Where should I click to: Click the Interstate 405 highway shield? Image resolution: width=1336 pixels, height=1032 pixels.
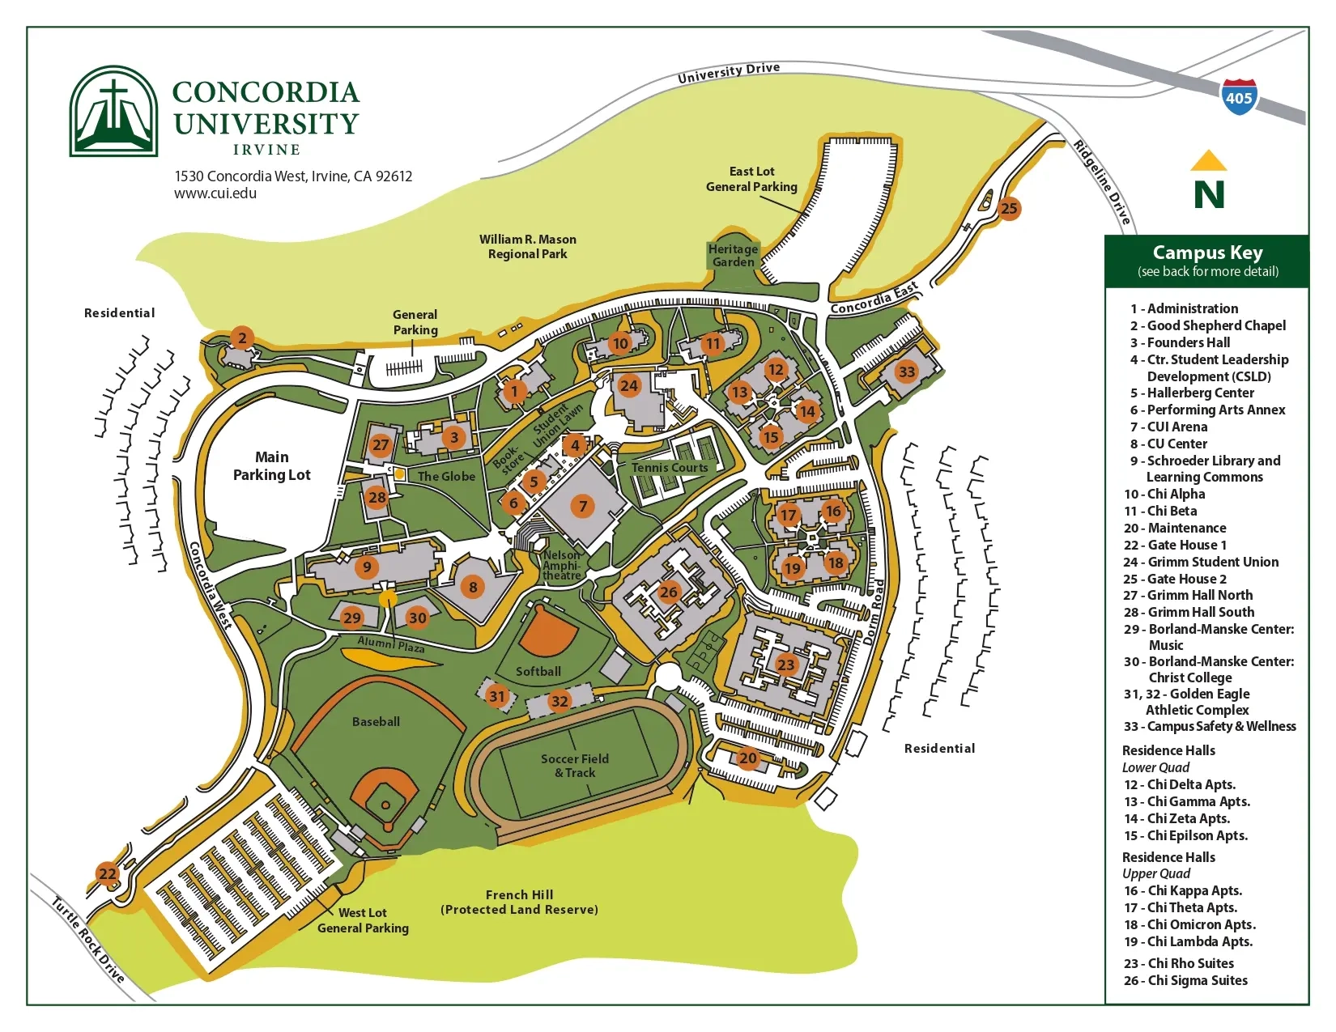click(x=1238, y=97)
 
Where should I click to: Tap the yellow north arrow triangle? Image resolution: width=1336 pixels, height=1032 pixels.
click(x=1208, y=161)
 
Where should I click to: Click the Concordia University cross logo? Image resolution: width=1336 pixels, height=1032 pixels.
click(x=113, y=111)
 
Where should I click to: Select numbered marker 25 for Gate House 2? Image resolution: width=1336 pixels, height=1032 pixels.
click(x=1009, y=208)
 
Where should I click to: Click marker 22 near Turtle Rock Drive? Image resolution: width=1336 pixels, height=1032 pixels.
click(x=107, y=873)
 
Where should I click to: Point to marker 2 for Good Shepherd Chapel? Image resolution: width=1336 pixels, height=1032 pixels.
click(x=241, y=338)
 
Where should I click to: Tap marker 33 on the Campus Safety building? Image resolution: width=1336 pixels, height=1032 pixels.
click(x=906, y=372)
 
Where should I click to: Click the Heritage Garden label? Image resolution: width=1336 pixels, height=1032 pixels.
click(x=734, y=256)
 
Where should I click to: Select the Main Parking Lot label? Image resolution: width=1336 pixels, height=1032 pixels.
click(x=271, y=466)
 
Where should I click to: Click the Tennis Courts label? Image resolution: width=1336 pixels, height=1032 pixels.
click(x=670, y=468)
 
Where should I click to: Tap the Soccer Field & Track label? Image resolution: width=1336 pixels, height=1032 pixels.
click(x=575, y=766)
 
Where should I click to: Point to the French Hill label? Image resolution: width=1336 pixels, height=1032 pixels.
click(x=519, y=894)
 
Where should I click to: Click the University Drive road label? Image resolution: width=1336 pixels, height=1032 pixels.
click(x=729, y=73)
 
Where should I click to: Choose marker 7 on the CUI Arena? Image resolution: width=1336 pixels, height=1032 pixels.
click(x=582, y=507)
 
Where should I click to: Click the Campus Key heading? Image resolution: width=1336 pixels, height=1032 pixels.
click(x=1207, y=253)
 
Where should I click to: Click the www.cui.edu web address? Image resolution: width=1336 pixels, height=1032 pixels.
click(x=215, y=193)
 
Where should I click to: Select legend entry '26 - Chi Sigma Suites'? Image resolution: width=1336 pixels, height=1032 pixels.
click(x=1185, y=980)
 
